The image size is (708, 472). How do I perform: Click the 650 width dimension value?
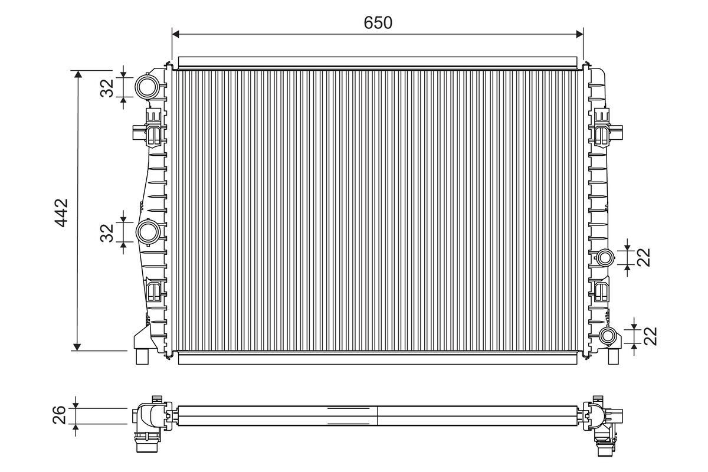(378, 23)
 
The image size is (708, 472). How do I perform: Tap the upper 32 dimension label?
(107, 88)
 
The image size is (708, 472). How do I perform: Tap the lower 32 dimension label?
(107, 232)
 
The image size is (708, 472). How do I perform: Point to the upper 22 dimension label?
(643, 257)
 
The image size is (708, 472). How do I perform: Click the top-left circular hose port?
(146, 87)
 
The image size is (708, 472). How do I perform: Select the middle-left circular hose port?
(147, 232)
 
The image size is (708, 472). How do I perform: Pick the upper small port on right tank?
(605, 257)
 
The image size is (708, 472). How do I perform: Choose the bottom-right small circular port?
(608, 336)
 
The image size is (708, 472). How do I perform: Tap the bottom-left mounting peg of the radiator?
(142, 356)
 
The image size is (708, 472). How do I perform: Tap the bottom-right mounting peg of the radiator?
(613, 356)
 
